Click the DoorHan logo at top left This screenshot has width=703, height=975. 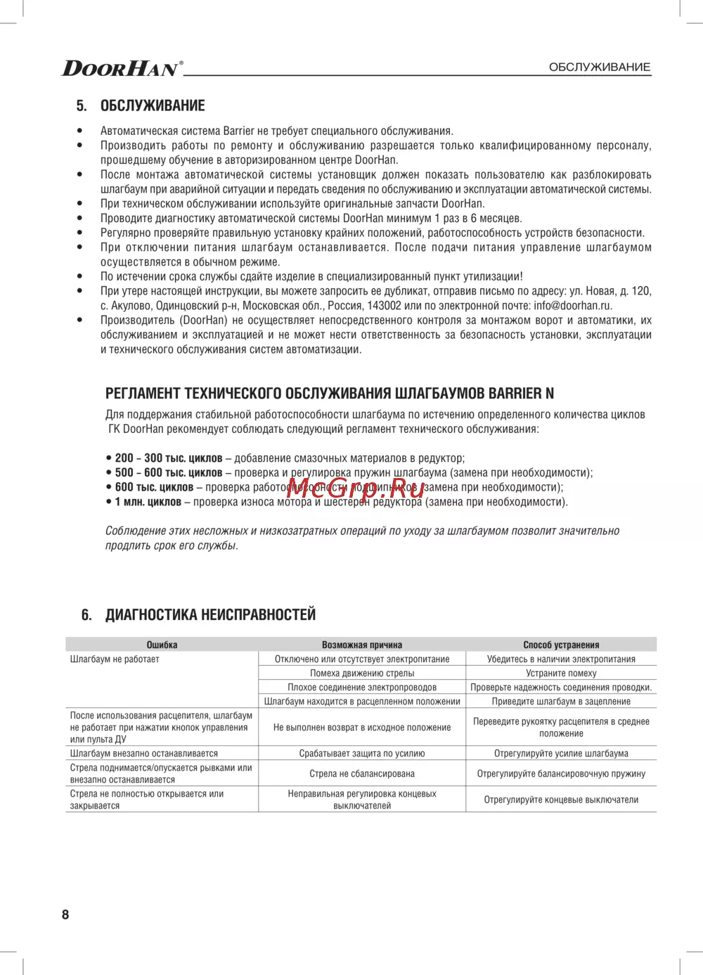tap(122, 67)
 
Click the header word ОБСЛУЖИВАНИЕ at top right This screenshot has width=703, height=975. tap(599, 67)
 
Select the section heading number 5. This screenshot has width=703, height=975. tap(82, 106)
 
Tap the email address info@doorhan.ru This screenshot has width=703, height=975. tap(573, 306)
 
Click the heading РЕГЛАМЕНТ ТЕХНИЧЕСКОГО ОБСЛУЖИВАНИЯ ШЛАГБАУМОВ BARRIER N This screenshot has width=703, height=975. tap(330, 394)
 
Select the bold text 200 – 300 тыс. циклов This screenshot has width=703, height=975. tap(169, 458)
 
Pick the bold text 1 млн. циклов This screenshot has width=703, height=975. tap(148, 502)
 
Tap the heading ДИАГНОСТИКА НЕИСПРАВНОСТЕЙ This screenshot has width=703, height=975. tap(210, 615)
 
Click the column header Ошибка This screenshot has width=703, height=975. tap(162, 645)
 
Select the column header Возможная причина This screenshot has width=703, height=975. tap(362, 645)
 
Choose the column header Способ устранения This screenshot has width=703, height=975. tap(561, 645)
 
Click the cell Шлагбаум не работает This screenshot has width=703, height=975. tap(115, 659)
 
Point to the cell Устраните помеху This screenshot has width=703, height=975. tap(561, 673)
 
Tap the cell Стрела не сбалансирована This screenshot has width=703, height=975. tap(362, 774)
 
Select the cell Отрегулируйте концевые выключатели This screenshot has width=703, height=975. tap(561, 800)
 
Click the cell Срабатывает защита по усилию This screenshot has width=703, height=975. tap(362, 754)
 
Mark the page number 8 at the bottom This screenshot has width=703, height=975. tap(65, 915)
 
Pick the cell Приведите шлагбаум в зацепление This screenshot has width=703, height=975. tap(561, 702)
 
